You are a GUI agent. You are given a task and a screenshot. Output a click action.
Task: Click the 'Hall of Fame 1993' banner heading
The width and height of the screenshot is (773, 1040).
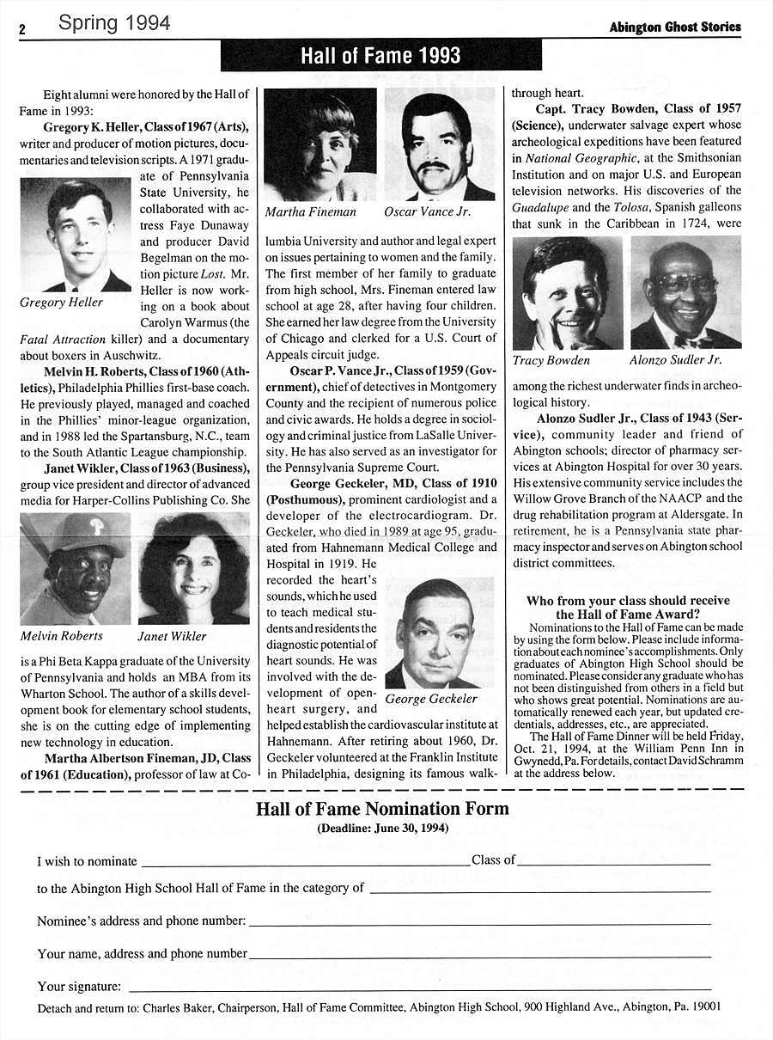coord(381,57)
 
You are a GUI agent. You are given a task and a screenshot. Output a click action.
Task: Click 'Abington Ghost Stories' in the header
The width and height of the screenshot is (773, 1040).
coord(674,28)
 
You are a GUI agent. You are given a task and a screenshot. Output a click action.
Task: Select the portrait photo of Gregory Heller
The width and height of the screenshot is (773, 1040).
coord(76,235)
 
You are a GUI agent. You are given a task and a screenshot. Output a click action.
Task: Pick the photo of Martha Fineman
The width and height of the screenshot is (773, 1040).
coord(320,144)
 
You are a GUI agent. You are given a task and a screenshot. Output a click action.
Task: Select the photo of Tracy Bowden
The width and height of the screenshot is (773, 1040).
coord(567,293)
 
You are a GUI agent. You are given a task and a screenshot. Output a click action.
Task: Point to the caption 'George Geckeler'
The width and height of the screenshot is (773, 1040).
coord(431,699)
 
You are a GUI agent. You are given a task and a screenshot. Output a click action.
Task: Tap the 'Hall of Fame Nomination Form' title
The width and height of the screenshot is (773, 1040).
coord(382,809)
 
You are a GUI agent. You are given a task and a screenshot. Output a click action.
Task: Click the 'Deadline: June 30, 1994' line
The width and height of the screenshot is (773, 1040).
coord(382,829)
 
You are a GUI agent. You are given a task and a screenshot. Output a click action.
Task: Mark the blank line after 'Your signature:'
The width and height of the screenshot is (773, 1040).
coord(418,988)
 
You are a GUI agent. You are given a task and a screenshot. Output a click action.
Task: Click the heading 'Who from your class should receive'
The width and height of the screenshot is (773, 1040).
coord(628,601)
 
